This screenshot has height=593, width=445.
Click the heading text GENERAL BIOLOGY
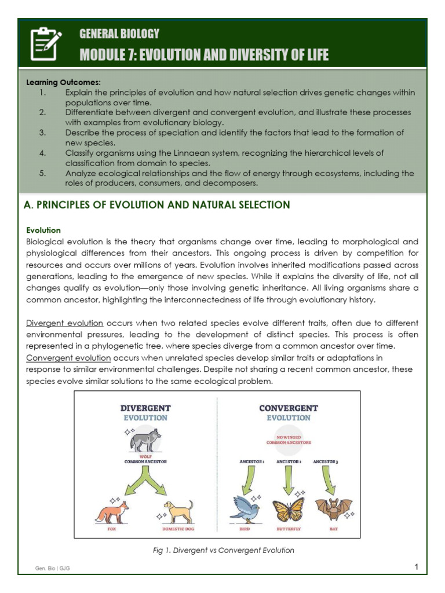pos(119,34)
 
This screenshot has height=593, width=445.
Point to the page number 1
pos(416,567)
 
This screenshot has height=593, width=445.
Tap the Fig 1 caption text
pos(223,550)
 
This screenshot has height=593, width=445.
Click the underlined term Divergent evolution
pos(65,323)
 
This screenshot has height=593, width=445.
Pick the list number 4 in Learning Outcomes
pos(42,153)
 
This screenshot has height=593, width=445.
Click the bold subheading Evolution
pos(43,230)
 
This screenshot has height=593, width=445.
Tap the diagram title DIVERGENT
pos(145,408)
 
